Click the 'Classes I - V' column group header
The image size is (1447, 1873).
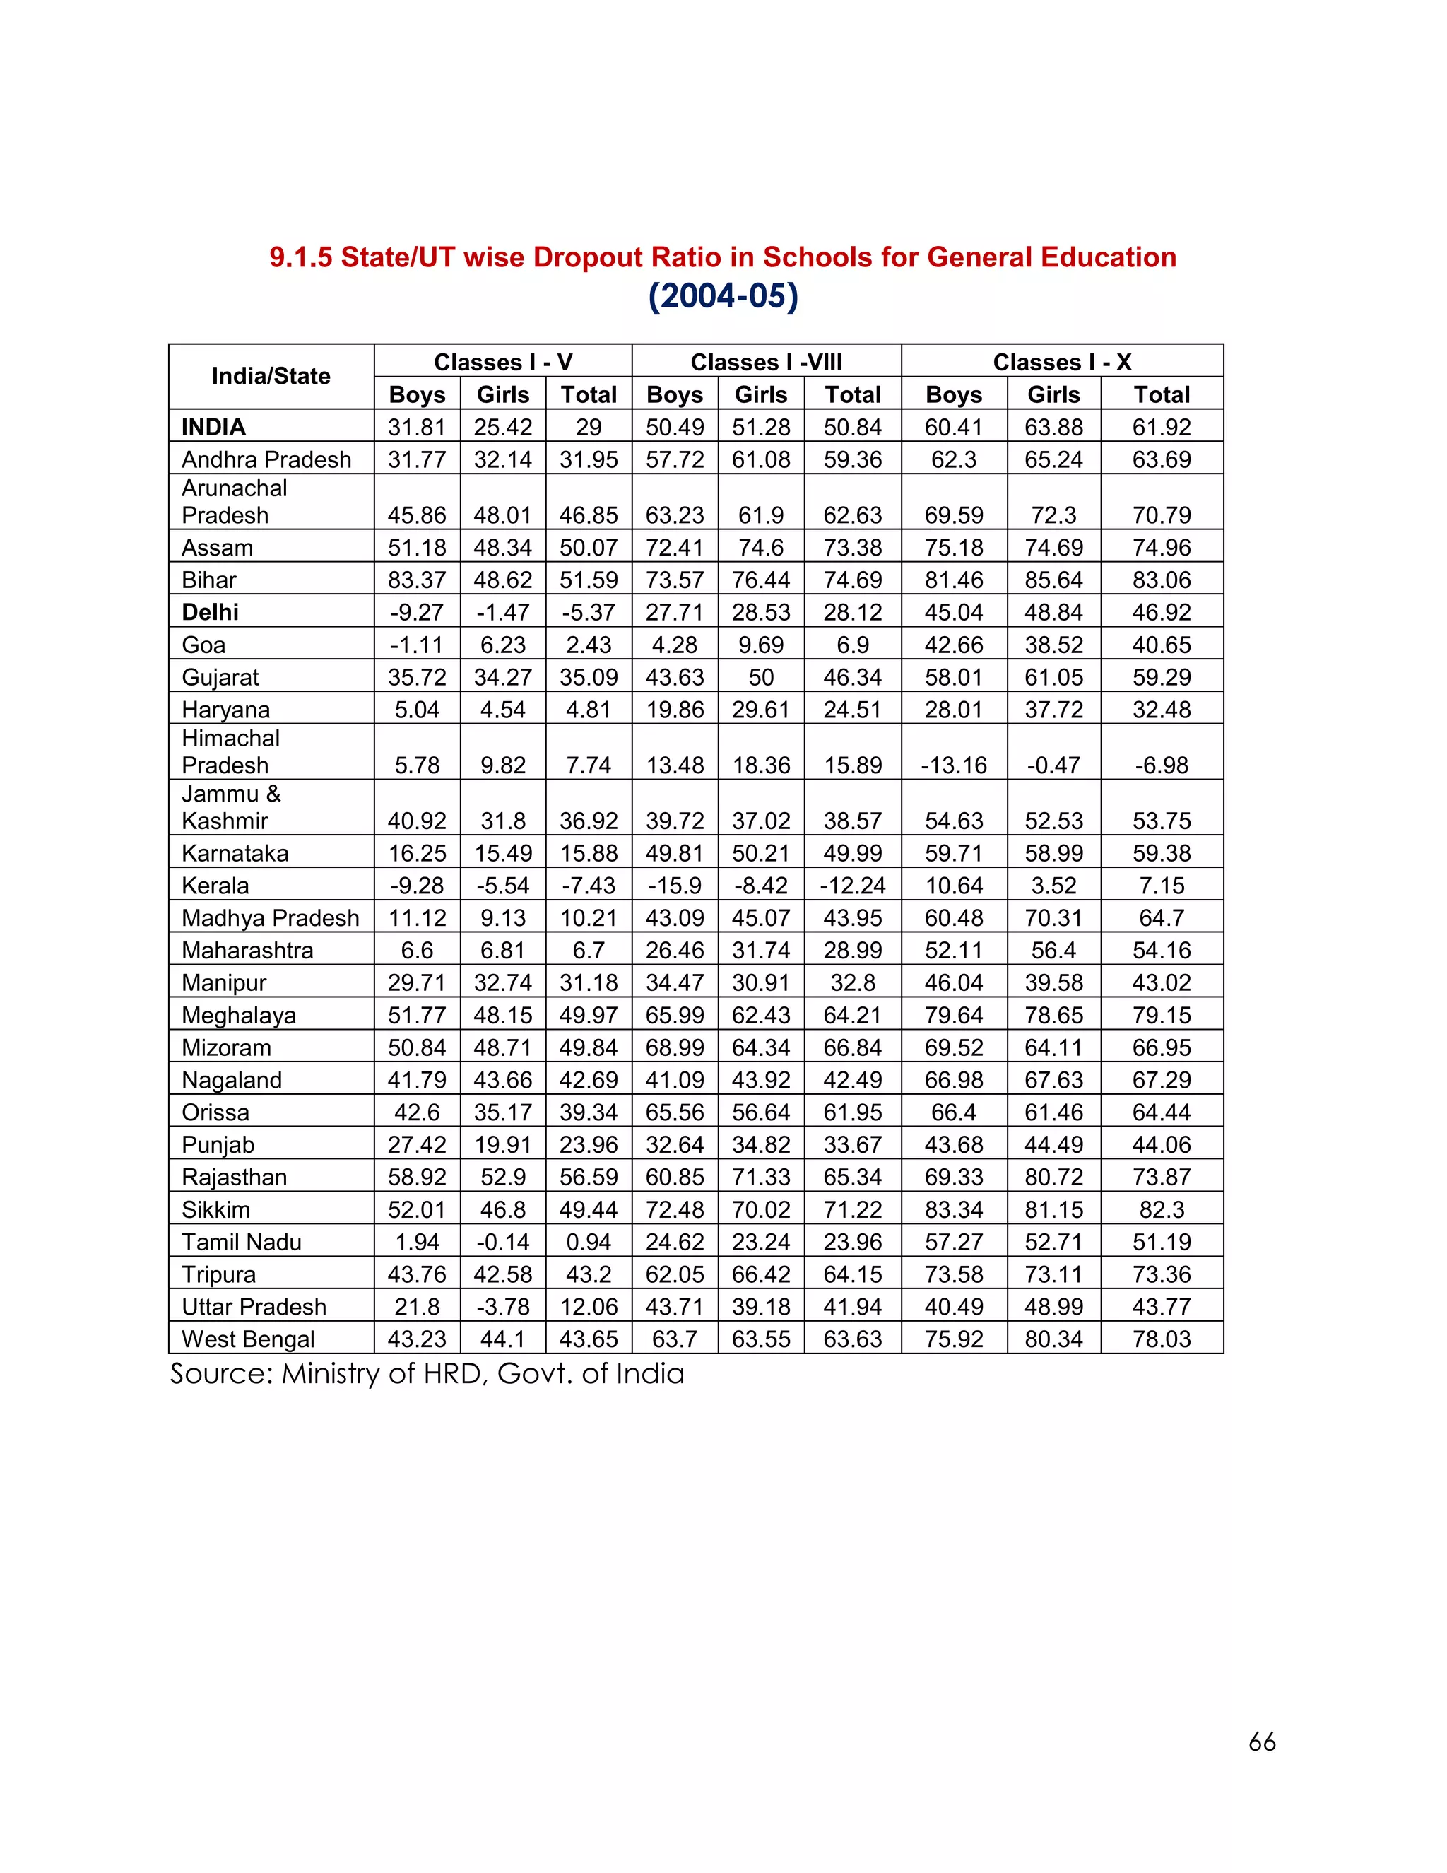pos(502,362)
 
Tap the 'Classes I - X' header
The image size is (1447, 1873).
pos(1061,362)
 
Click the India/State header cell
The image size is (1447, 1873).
pos(271,377)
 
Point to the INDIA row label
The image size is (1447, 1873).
pos(213,427)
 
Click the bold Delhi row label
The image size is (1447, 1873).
pos(210,612)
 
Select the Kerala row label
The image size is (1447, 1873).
pos(215,886)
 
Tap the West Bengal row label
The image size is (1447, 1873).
pos(248,1339)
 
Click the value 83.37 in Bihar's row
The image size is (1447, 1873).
pos(417,580)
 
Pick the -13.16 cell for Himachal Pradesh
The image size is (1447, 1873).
pos(953,765)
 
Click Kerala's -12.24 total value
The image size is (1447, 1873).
pos(852,886)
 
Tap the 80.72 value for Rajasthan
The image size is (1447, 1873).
pos(1053,1177)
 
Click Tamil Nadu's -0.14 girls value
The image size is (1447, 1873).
pos(502,1242)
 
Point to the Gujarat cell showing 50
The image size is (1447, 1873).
pos(760,678)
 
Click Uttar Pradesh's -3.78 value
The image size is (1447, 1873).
pos(502,1307)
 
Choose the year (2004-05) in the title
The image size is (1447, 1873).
pos(723,296)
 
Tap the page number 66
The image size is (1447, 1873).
pos(1262,1742)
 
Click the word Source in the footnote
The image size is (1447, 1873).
pos(220,1374)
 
